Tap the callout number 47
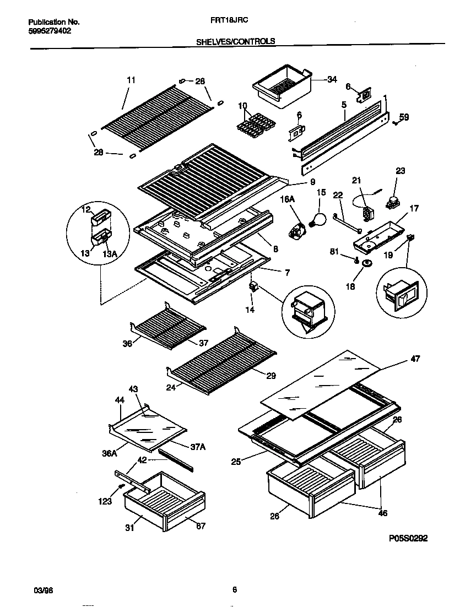pyautogui.click(x=415, y=359)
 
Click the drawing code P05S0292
pyautogui.click(x=404, y=539)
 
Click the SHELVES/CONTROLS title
pyautogui.click(x=236, y=41)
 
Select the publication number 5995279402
pyautogui.click(x=49, y=31)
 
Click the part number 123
pyautogui.click(x=105, y=501)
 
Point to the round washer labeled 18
pyautogui.click(x=364, y=264)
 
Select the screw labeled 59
pyautogui.click(x=396, y=122)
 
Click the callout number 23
pyautogui.click(x=400, y=171)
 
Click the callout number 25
pyautogui.click(x=236, y=462)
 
